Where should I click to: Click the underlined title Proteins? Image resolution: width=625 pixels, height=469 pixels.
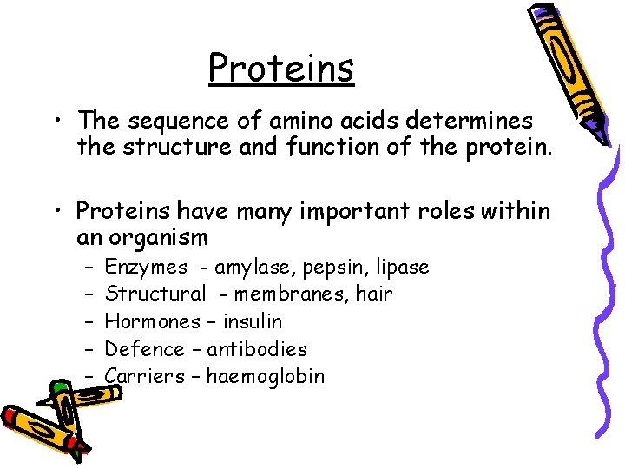(x=281, y=68)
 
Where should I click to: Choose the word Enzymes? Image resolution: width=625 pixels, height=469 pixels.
(x=146, y=267)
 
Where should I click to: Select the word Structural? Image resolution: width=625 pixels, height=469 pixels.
(x=155, y=294)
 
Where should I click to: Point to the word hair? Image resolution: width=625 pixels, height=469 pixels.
(x=374, y=294)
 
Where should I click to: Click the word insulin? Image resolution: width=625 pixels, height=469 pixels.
(x=253, y=321)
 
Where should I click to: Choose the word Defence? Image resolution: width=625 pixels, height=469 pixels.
(x=144, y=349)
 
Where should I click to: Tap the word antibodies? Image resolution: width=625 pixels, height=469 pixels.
(x=257, y=349)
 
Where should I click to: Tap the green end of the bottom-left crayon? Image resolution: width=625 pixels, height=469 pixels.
(x=60, y=386)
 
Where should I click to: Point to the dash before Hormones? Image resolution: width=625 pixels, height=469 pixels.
(x=89, y=321)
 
